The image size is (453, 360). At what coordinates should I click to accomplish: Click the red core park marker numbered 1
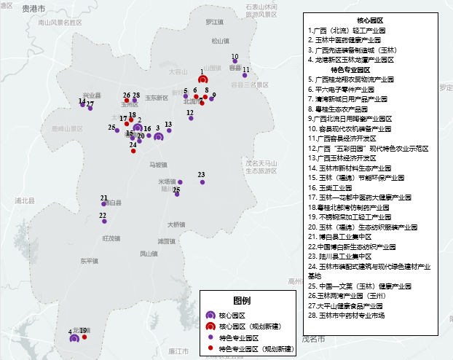203,79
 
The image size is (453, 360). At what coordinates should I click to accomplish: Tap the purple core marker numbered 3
159,136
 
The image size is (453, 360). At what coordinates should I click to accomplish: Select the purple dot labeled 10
235,61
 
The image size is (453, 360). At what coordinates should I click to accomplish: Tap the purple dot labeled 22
103,220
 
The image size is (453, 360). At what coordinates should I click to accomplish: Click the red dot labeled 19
84,337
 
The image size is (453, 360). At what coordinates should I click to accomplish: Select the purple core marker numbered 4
74,338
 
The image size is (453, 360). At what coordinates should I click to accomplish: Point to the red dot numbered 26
127,101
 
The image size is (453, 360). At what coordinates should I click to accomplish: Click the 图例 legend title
243,301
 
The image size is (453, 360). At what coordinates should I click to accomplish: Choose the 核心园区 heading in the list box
370,20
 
